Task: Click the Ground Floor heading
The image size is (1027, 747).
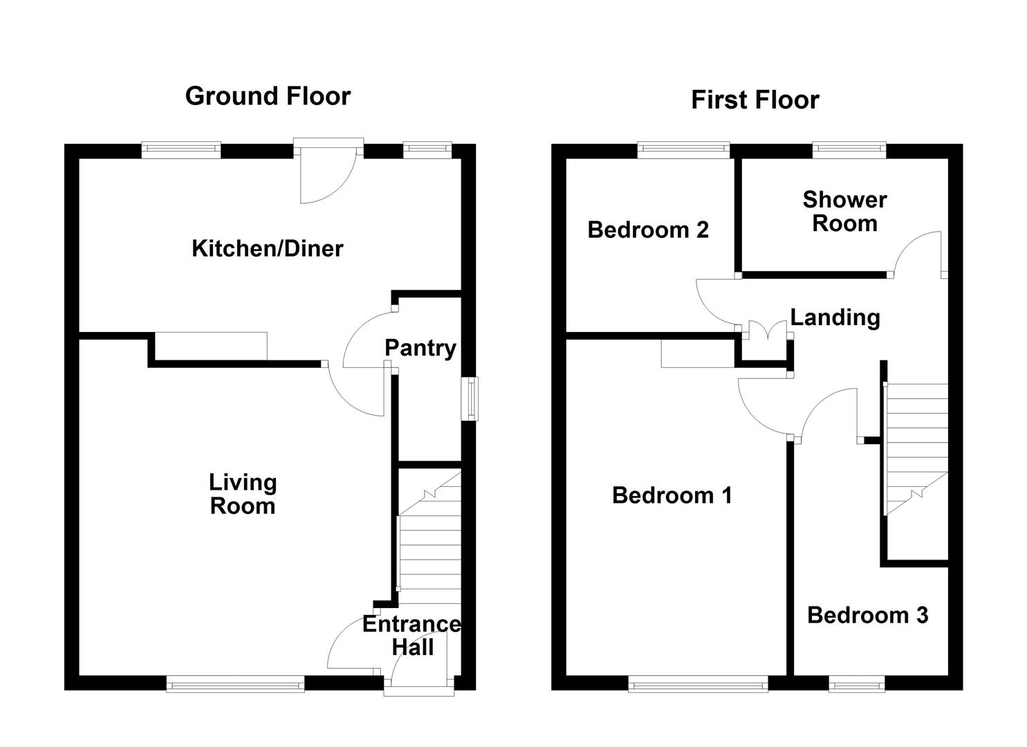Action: tap(268, 96)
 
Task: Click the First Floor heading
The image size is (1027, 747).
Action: tap(755, 100)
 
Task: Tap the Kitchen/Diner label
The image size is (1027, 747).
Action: tap(267, 248)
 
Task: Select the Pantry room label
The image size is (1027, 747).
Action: tap(420, 348)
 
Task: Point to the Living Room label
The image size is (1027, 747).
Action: tap(243, 494)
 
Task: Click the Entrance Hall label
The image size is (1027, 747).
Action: tap(411, 636)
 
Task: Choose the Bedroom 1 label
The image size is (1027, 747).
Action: tap(672, 495)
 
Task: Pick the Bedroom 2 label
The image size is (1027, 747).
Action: tap(648, 230)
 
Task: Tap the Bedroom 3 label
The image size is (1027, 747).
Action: tap(867, 615)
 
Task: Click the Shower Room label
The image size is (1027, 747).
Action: tap(844, 212)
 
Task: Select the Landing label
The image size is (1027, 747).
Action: tap(835, 317)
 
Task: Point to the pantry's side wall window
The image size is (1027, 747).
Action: tap(471, 398)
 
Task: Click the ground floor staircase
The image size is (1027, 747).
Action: tap(429, 539)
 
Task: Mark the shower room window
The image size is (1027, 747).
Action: tap(849, 148)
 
